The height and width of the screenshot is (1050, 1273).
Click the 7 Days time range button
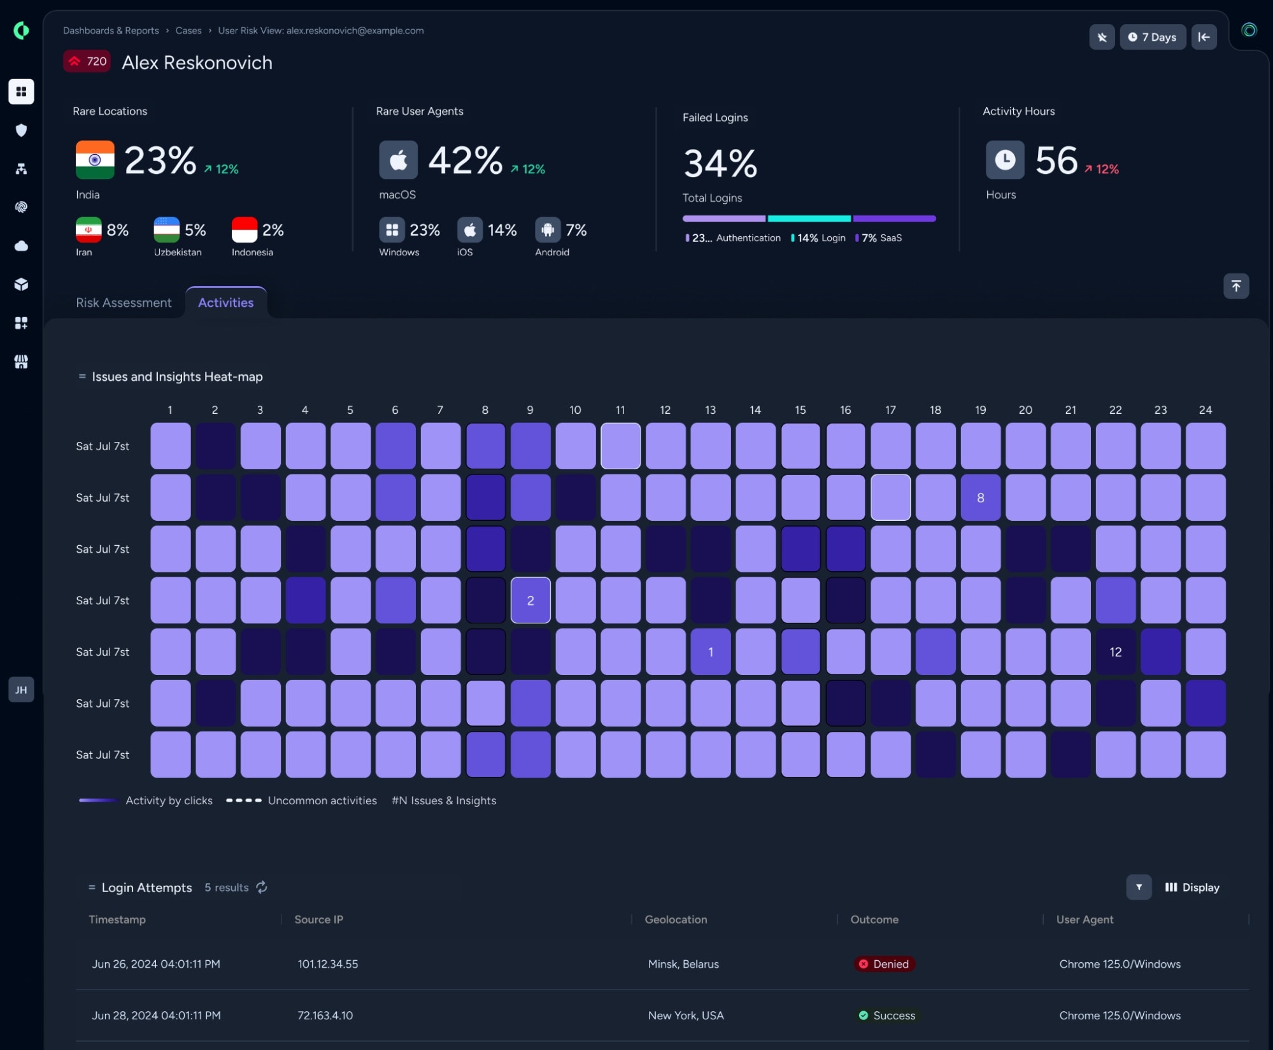coord(1153,37)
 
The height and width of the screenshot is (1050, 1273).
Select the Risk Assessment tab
coord(124,302)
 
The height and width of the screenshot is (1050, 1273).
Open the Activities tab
coord(225,302)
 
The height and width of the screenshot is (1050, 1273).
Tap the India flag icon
coord(95,160)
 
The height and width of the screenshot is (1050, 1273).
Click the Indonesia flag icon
coord(245,230)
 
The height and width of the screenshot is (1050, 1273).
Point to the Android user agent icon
coord(548,230)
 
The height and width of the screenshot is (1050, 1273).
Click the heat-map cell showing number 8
coord(981,497)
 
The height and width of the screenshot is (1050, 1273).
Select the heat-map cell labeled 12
coord(1116,651)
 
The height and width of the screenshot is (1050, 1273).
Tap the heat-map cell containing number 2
coord(530,600)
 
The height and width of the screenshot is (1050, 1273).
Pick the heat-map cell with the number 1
coord(711,651)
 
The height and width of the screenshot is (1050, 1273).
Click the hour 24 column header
coord(1205,410)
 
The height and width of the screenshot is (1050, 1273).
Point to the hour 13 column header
coord(711,410)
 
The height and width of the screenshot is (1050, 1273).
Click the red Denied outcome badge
coord(884,964)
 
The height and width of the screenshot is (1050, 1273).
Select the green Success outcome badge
coord(887,1016)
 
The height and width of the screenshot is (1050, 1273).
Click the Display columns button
coord(1192,888)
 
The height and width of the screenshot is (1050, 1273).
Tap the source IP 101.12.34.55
coord(328,964)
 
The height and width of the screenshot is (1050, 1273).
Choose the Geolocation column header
coord(676,919)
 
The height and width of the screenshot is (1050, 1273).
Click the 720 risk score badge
coord(87,61)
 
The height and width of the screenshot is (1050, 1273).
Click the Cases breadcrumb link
coord(188,31)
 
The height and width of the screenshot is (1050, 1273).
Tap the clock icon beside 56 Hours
coord(1005,160)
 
